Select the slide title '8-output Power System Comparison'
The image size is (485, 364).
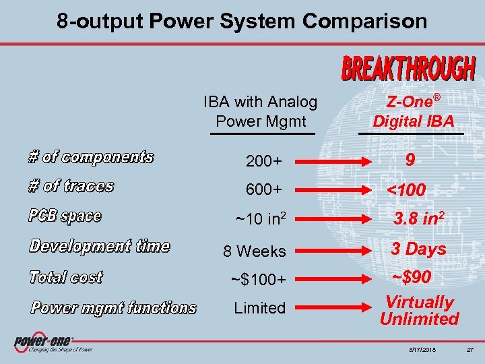pos(242,22)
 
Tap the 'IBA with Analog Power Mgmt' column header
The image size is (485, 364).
pos(260,112)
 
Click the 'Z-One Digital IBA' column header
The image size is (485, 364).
pos(414,112)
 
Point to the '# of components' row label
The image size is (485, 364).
pos(91,158)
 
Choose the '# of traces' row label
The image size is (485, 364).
pos(71,186)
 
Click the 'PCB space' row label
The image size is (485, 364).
pos(65,216)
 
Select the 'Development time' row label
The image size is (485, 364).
pos(99,246)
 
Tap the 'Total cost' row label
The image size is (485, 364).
pos(65,277)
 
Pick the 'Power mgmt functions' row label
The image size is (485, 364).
pos(113,308)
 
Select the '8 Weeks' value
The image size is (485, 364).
pos(255,251)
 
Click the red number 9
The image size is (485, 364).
pos(410,160)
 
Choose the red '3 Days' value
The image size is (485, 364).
pos(419,249)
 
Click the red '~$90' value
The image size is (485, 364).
pos(412,278)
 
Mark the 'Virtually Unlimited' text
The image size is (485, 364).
pos(419,310)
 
